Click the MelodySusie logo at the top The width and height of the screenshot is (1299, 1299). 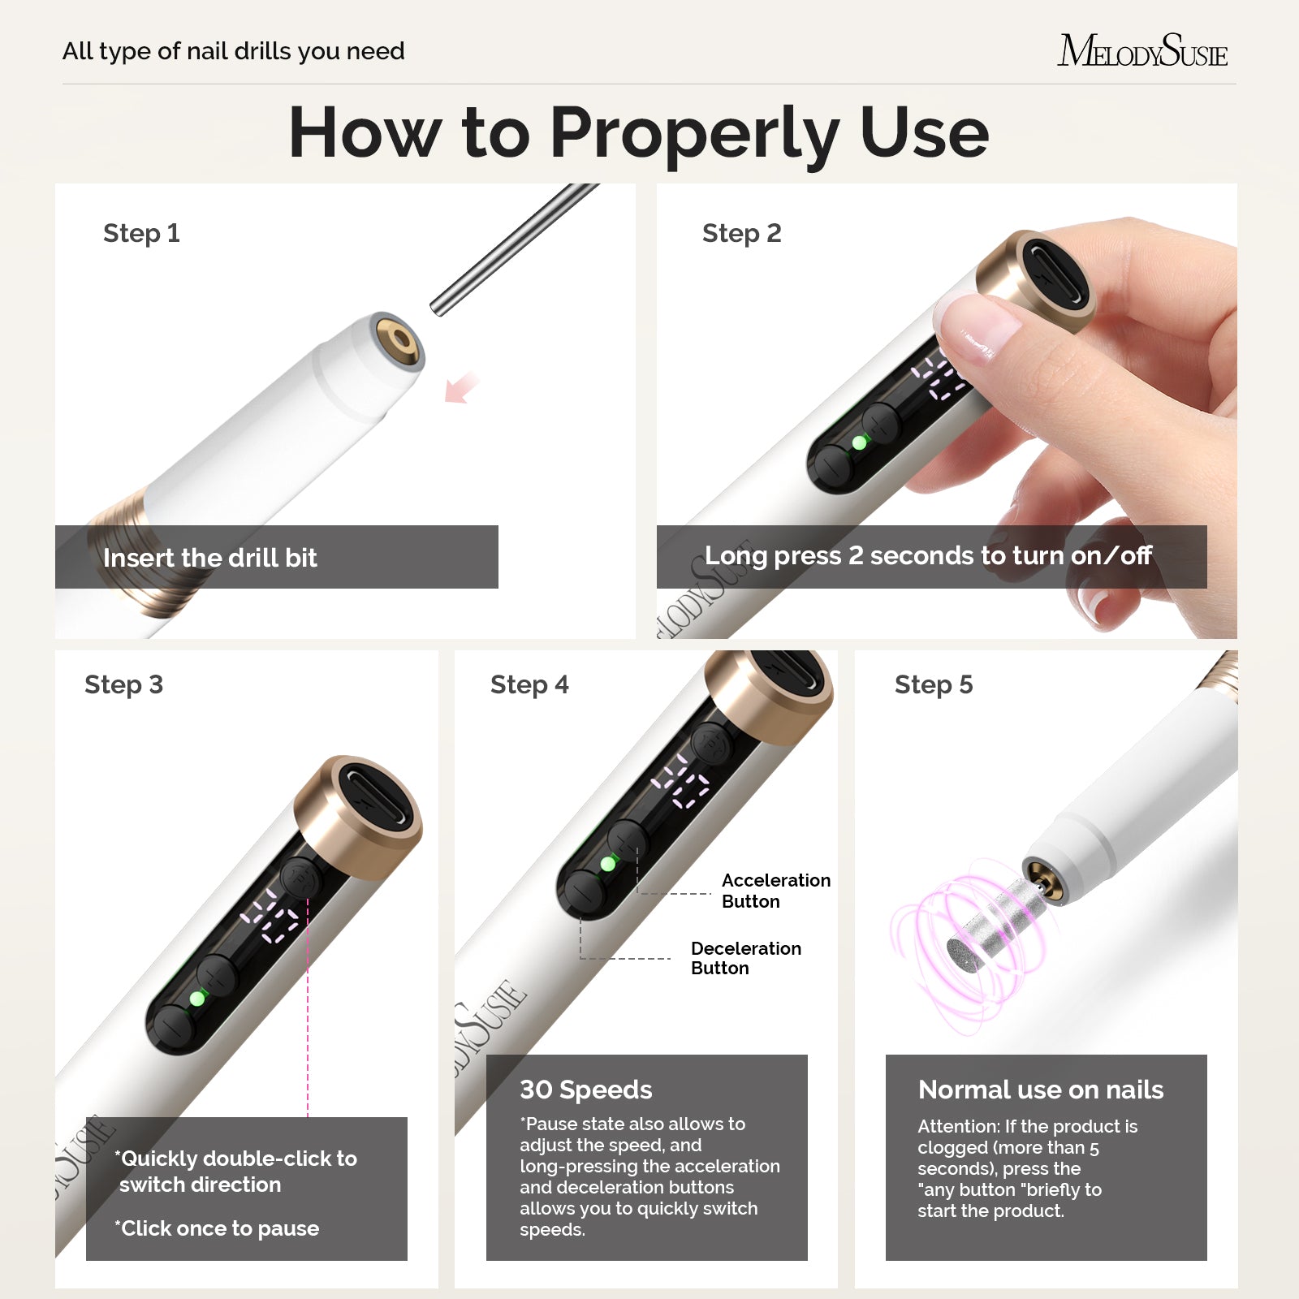tap(1141, 50)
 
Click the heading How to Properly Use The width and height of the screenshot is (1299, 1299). tap(639, 132)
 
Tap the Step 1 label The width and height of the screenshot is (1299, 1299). tap(141, 233)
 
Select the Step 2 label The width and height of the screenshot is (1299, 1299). tap(741, 233)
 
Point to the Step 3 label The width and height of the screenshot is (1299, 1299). tap(123, 684)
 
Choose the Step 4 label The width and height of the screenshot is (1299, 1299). tap(529, 684)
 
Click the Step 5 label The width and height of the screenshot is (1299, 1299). tap(933, 684)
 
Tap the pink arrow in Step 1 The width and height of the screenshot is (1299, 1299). tap(461, 387)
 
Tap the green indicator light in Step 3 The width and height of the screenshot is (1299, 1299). tap(197, 998)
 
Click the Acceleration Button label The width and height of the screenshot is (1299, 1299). tap(775, 891)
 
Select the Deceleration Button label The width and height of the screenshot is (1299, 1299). tap(745, 958)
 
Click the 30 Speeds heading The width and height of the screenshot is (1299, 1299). tap(585, 1090)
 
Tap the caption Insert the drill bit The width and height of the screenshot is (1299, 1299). tap(209, 558)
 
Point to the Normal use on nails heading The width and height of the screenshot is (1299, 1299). tap(1040, 1090)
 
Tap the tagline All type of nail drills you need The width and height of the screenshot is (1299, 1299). tap(233, 51)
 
